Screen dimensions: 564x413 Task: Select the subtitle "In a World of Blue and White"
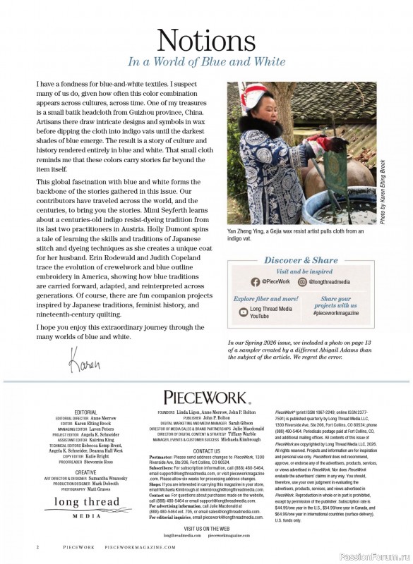tap(206, 61)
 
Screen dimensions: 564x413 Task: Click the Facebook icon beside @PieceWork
tap(256, 281)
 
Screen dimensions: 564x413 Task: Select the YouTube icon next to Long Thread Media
tap(244, 311)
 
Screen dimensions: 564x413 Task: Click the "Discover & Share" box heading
tap(301, 260)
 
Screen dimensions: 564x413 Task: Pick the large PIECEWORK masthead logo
tap(206, 398)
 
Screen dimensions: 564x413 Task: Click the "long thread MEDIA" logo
tap(88, 505)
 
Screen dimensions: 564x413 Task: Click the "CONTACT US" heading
tap(206, 450)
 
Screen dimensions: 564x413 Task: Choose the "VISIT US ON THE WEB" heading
tap(206, 528)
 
